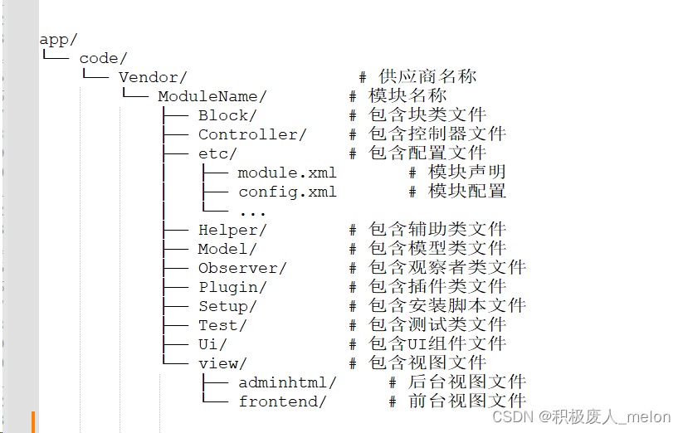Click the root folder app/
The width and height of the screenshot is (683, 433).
tap(58, 40)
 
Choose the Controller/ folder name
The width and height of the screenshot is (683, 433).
tap(252, 134)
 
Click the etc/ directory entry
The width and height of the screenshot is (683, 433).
tap(217, 153)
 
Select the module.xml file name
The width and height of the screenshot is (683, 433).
tap(287, 173)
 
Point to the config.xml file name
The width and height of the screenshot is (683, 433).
tap(287, 192)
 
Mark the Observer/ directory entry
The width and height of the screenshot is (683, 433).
tap(242, 268)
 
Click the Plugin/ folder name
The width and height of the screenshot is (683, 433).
tap(232, 287)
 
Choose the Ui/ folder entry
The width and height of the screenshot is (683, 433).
tap(212, 344)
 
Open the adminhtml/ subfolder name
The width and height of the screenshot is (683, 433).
tap(287, 382)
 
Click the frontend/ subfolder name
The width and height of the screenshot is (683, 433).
tap(282, 401)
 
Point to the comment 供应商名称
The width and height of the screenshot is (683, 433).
tap(427, 77)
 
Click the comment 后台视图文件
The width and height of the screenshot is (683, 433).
tap(467, 382)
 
